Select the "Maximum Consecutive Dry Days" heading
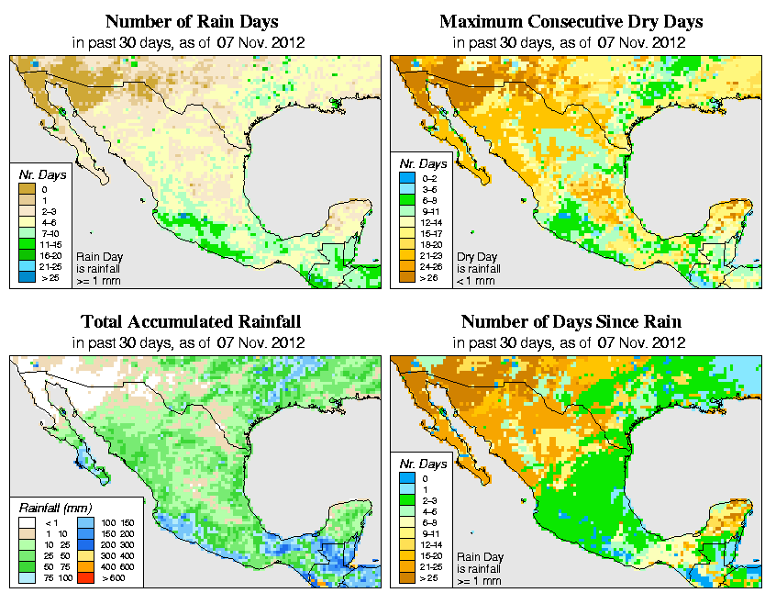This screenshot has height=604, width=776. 571,21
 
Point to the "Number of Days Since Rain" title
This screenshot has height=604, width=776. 571,322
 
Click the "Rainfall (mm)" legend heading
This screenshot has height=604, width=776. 55,508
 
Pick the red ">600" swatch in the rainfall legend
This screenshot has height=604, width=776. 86,579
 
